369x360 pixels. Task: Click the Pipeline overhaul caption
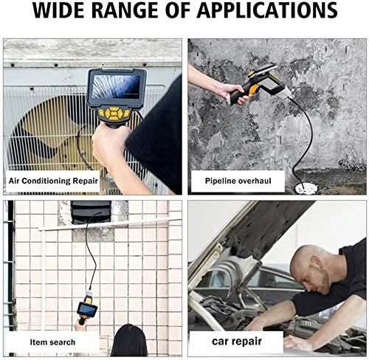tap(233, 179)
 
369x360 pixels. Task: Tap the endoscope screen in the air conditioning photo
tap(116, 86)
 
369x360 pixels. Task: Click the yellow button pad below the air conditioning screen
tap(114, 114)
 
